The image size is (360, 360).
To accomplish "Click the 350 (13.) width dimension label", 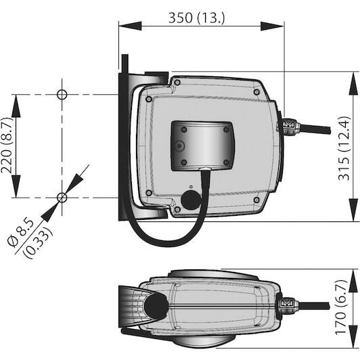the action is (x=197, y=18).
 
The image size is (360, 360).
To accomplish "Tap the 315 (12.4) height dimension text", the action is (x=344, y=148).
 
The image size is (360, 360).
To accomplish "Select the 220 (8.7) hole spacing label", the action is (x=7, y=145).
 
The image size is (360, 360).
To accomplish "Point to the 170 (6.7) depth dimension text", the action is (x=341, y=307).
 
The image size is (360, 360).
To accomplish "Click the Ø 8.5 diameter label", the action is (x=21, y=233).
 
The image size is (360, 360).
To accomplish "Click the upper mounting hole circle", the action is (x=62, y=94).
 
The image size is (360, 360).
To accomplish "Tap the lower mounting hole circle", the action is (x=62, y=198).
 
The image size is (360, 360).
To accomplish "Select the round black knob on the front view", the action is (x=191, y=200).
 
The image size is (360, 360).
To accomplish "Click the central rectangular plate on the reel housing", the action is (x=203, y=146).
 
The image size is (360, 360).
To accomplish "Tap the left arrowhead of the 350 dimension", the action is (x=130, y=26).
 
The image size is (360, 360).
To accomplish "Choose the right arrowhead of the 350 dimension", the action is (x=272, y=26).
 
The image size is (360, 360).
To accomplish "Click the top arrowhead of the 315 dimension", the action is (x=353, y=83).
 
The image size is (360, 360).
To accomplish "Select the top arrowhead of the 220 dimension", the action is (x=16, y=106).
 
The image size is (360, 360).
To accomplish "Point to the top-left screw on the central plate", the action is (x=183, y=130).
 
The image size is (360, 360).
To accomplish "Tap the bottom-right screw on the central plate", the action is (x=227, y=162).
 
